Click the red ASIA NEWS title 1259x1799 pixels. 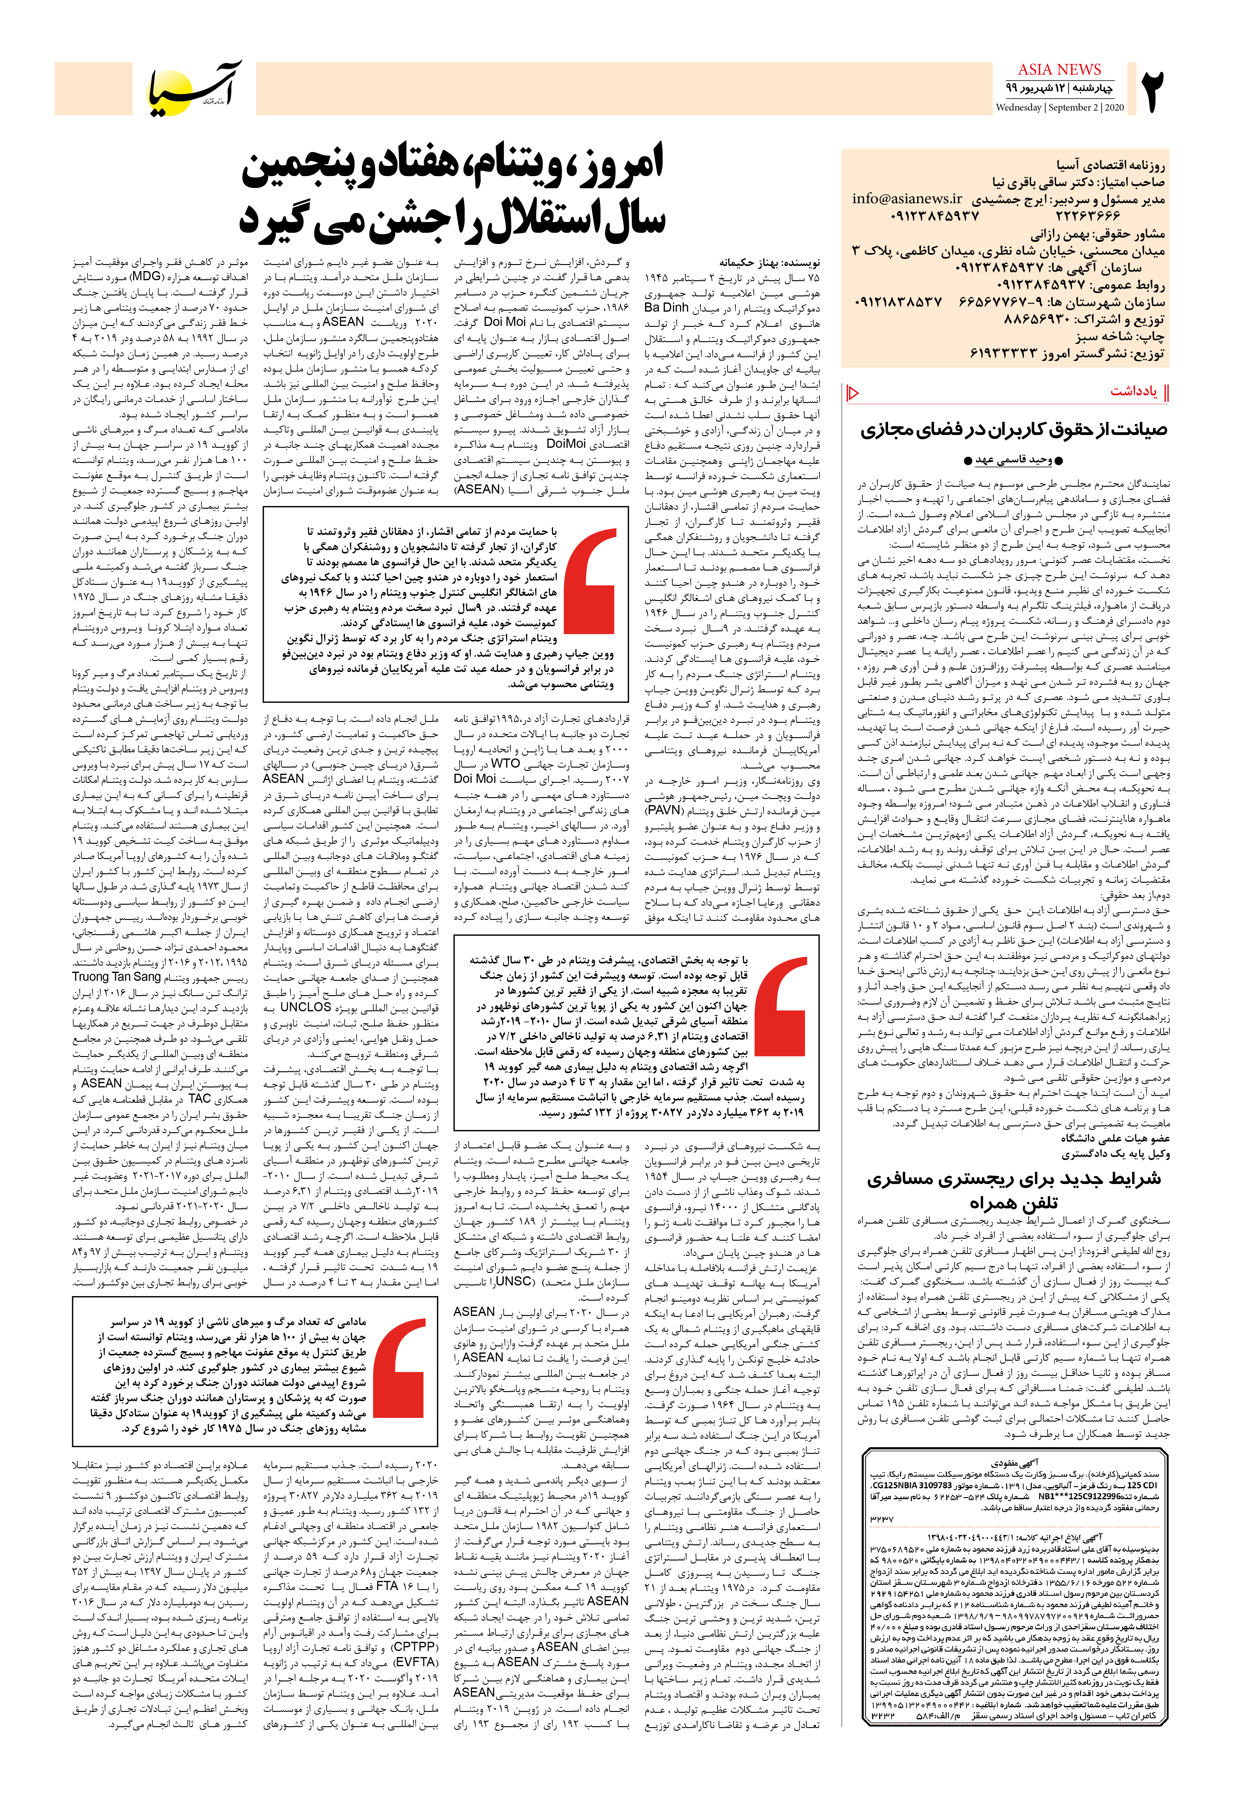coord(1059,70)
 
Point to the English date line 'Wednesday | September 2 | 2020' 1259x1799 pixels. coord(1059,107)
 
